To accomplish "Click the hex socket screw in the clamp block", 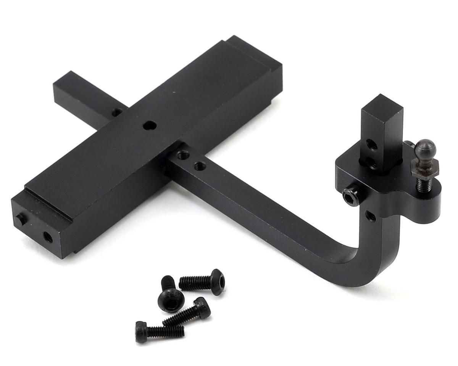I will [351, 197].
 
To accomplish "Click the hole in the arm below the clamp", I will [370, 216].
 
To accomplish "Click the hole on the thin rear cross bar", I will [116, 112].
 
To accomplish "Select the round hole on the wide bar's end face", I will [48, 237].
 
